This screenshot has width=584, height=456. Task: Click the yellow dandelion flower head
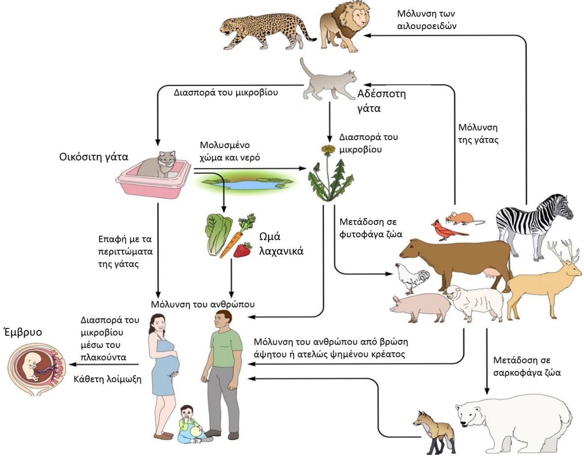(328, 149)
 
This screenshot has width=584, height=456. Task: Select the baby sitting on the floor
(188, 424)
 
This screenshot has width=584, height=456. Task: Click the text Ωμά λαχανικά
(281, 244)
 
